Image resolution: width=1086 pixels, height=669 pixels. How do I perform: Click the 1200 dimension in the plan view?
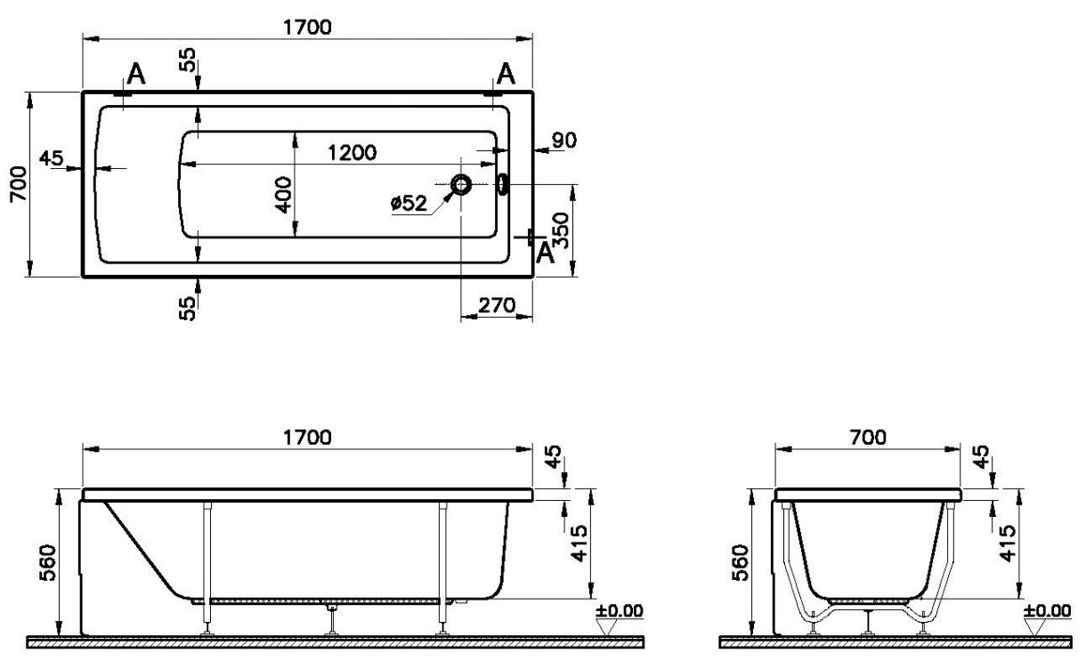coord(352,153)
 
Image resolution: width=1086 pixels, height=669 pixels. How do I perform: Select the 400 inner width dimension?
coord(283,195)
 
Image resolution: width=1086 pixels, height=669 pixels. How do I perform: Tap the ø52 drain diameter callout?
coord(409,203)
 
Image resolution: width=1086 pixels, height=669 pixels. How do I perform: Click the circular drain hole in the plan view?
coord(460,184)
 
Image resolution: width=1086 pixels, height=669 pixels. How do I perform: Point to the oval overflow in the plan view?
coord(502,184)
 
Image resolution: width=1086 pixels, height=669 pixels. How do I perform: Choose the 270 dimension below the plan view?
coord(497,305)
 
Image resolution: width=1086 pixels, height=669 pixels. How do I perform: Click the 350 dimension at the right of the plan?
coord(560,230)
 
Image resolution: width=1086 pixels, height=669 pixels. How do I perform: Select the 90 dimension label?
coord(564,140)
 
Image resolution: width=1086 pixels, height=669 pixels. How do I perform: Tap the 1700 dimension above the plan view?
coord(307,27)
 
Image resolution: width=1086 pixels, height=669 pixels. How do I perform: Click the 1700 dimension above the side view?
coord(307,438)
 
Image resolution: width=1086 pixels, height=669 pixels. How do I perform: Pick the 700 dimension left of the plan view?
coord(19,184)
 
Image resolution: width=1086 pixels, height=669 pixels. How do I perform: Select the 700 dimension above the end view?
coord(867,438)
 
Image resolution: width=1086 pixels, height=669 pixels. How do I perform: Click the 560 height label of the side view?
coord(47,562)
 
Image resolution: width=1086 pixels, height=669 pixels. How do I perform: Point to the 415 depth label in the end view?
coord(1007,544)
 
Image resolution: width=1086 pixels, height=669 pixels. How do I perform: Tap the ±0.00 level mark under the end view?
coord(1047,610)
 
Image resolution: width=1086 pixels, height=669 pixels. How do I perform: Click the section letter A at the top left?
coord(136,75)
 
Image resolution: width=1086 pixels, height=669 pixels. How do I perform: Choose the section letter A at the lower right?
coord(546,253)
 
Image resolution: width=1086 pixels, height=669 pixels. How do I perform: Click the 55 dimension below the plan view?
coord(187,308)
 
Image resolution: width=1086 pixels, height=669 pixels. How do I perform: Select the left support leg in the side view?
coord(208,568)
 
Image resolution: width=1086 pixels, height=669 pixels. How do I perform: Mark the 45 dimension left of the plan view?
coord(51,158)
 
